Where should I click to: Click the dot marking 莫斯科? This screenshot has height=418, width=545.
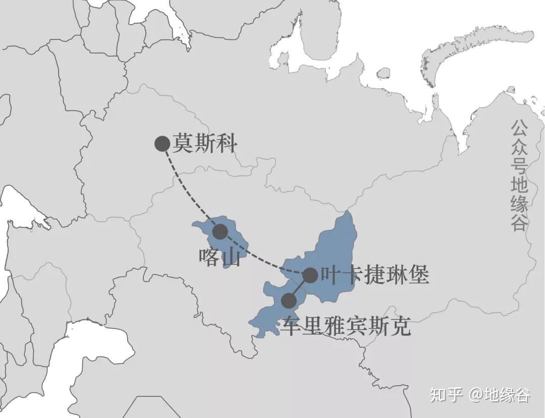click(162, 144)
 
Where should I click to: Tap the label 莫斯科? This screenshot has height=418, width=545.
click(204, 144)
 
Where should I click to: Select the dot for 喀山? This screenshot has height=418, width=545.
click(220, 232)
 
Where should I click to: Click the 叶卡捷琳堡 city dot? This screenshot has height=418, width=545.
click(310, 275)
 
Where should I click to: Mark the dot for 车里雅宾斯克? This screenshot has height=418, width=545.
click(289, 301)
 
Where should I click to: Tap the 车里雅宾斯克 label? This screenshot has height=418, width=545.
click(347, 327)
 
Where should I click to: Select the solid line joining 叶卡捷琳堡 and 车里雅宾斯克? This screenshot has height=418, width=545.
click(299, 288)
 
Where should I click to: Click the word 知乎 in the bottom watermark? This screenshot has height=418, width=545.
click(446, 395)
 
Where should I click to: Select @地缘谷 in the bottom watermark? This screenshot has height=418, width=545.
click(500, 395)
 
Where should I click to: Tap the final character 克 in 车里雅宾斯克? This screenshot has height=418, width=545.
click(401, 327)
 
